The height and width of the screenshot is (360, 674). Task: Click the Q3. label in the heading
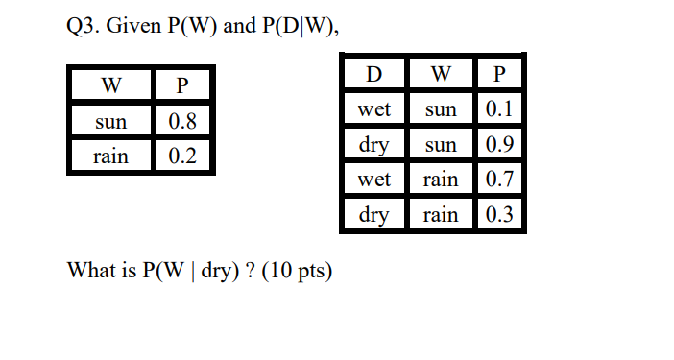(x=82, y=26)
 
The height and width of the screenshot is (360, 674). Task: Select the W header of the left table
(x=109, y=87)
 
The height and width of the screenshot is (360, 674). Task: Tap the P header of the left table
(x=182, y=87)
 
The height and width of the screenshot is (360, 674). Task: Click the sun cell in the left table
(x=109, y=122)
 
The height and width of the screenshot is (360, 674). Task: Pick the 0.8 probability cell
(x=182, y=122)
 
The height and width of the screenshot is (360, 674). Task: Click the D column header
(x=373, y=74)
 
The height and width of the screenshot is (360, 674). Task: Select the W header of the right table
(x=441, y=74)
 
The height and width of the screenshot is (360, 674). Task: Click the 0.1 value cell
(x=499, y=109)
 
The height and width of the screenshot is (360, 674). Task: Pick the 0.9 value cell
(x=499, y=145)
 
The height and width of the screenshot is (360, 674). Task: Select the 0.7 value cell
(x=499, y=180)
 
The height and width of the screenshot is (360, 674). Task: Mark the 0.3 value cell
(x=499, y=215)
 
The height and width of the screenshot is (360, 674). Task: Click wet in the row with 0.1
(x=373, y=109)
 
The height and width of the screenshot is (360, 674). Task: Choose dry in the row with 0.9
(x=373, y=145)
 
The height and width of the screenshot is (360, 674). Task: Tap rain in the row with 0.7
(x=441, y=180)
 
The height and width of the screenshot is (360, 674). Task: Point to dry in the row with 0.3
(x=373, y=215)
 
